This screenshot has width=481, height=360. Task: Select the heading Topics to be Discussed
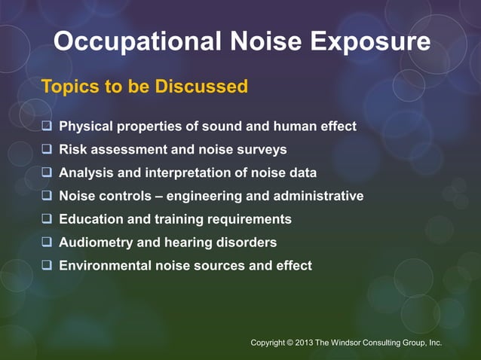(144, 87)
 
